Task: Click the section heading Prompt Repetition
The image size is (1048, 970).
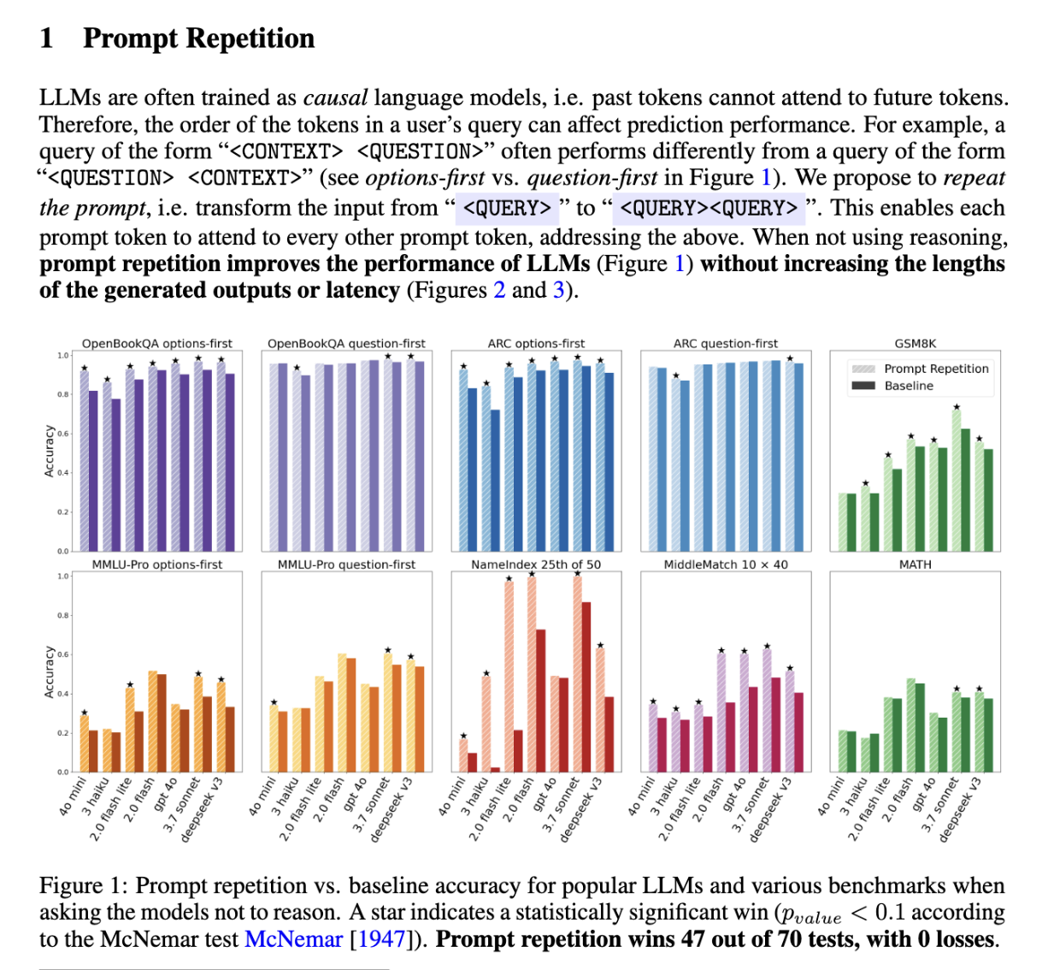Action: coord(198,38)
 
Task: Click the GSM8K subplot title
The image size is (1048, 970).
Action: coord(915,343)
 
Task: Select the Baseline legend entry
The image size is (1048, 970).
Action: coord(909,386)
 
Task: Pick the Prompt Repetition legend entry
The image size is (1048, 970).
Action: coord(936,369)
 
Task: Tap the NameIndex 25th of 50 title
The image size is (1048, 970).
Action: coord(536,565)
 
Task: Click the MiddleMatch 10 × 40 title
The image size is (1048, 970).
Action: coord(726,565)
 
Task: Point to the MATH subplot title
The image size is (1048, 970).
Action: coord(915,565)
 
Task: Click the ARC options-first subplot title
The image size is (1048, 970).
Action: coord(536,343)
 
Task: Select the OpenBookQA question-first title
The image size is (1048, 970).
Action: coord(346,343)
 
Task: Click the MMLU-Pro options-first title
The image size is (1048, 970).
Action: coord(157,565)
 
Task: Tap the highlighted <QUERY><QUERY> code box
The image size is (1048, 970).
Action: coord(709,208)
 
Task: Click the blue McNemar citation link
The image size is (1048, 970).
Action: coord(293,939)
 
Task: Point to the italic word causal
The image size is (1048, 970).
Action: coord(335,98)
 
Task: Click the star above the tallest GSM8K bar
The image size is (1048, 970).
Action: coord(957,407)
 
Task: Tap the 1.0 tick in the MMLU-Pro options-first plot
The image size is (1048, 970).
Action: coord(62,577)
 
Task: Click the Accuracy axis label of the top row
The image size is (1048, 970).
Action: coord(49,451)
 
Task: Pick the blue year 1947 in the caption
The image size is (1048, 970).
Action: coord(381,939)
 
